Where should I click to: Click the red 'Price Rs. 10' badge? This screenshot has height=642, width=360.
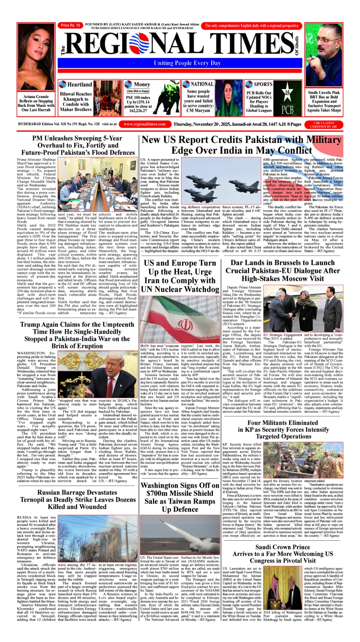coord(70,25)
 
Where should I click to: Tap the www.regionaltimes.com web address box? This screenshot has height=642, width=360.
coord(144,124)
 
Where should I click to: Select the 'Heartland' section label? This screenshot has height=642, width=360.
coord(79,84)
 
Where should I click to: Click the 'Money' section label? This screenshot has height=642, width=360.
coord(142,84)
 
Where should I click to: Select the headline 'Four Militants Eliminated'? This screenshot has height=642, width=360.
coord(282,422)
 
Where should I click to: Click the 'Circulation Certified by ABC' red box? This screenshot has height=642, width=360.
coord(324,125)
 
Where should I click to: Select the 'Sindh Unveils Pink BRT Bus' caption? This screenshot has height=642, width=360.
coord(324,101)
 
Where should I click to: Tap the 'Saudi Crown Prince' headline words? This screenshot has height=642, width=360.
coord(282,547)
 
